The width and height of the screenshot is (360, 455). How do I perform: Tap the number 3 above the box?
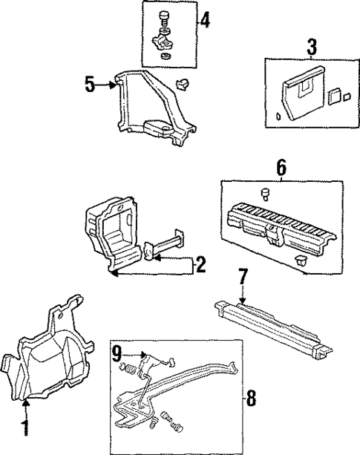tap(312, 48)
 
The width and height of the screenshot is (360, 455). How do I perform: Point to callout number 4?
tap(204, 20)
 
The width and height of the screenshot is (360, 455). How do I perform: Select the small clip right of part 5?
tap(183, 82)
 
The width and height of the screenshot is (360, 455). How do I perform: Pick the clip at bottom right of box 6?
tap(301, 260)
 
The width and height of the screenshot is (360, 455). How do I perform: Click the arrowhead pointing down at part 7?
tap(242, 299)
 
